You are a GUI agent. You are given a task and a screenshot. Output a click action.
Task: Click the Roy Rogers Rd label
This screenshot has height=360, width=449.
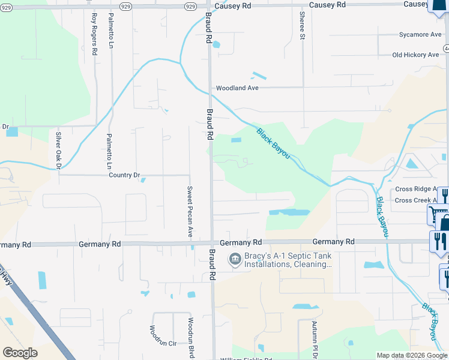(94, 34)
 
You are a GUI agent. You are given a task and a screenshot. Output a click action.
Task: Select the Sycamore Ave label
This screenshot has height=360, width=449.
(420, 35)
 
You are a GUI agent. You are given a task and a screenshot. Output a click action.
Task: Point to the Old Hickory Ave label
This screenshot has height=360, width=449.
(415, 55)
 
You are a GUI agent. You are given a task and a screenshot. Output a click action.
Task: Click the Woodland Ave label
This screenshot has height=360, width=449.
(237, 88)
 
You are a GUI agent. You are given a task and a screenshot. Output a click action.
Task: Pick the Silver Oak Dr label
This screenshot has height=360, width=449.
(59, 150)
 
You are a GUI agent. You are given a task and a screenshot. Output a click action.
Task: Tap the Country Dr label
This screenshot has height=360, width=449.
(124, 175)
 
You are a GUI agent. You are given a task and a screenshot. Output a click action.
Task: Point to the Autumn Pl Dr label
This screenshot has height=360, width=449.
(314, 338)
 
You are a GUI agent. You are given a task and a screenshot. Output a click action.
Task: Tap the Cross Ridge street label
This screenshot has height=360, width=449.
(415, 189)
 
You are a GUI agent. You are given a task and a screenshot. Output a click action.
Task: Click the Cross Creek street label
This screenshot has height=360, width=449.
(415, 200)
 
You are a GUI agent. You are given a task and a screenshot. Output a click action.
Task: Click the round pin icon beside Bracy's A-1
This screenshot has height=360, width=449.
(234, 259)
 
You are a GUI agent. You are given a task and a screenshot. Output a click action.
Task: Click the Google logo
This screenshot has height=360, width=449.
(20, 353)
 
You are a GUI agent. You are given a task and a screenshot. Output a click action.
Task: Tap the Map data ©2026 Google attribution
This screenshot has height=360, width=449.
(412, 355)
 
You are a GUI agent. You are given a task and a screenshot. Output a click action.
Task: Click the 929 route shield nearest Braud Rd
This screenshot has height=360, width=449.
(190, 6)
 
